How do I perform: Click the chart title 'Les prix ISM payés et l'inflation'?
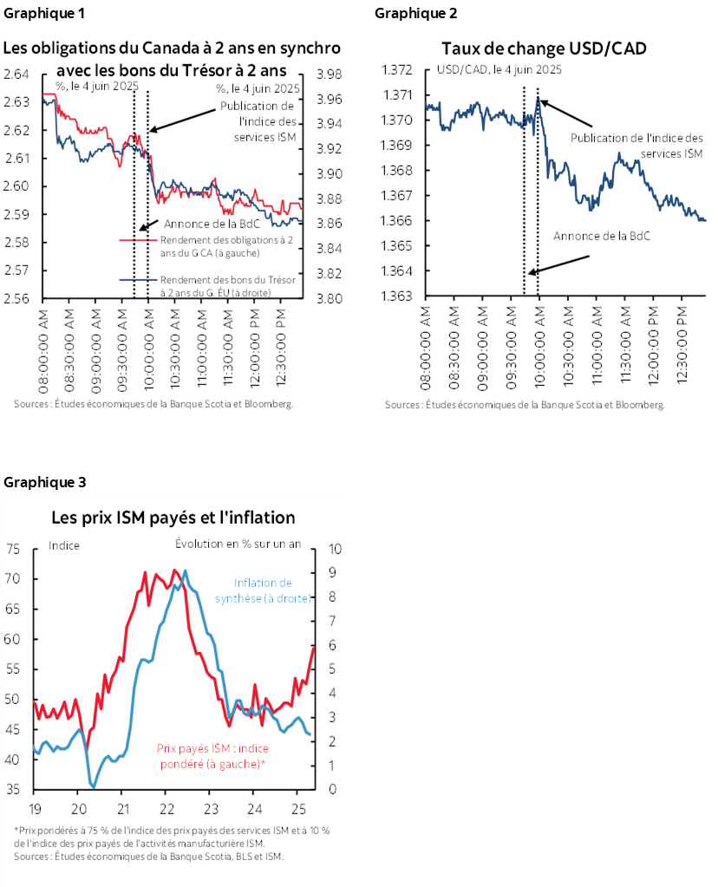[x=173, y=518]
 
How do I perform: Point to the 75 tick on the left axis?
[x=13, y=549]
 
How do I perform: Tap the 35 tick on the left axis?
[x=13, y=790]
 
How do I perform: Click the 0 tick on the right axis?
[x=333, y=790]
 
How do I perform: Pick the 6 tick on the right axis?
[x=333, y=646]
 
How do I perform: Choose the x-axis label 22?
[x=166, y=808]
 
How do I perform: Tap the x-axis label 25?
[x=297, y=808]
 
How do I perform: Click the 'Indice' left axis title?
[x=64, y=545]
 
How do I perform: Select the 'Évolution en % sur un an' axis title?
[x=238, y=545]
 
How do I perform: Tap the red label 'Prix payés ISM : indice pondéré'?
[x=212, y=755]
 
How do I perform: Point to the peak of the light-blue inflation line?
[x=185, y=571]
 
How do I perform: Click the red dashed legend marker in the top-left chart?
[x=138, y=240]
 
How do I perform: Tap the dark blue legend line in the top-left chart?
[x=138, y=279]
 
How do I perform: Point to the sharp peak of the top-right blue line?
[x=538, y=98]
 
